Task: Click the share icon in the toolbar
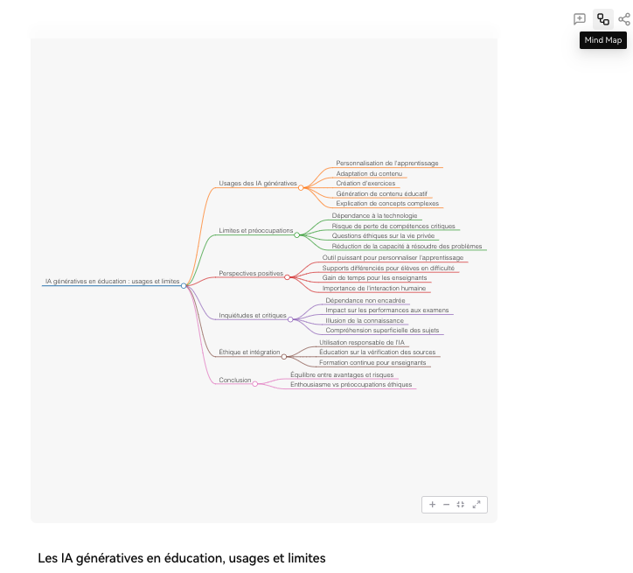point(623,19)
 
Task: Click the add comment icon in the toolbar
point(580,19)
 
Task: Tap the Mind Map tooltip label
point(603,40)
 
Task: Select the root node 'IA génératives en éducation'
point(112,282)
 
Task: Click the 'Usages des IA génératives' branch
point(258,183)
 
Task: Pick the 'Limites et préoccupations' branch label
point(256,230)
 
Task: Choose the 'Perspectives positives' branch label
point(251,273)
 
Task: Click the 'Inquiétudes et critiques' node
point(253,315)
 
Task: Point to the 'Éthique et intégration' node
point(249,352)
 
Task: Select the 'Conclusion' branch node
point(235,380)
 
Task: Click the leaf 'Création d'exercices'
point(365,183)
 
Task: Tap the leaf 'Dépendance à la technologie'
point(374,215)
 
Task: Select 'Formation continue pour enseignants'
point(372,362)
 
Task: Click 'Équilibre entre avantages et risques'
point(342,374)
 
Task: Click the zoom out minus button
point(446,505)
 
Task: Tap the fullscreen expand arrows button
point(476,505)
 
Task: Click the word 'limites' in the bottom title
point(303,558)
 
